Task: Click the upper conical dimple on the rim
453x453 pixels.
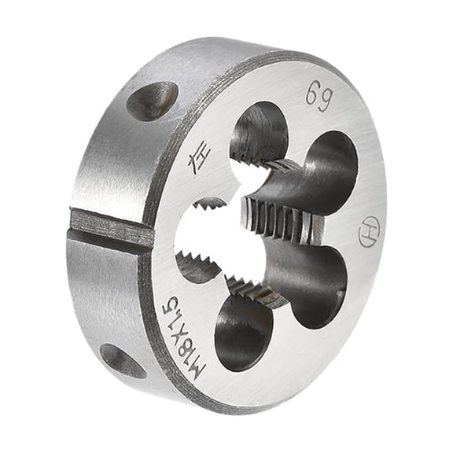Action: click(x=151, y=100)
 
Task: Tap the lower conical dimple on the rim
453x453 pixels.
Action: click(x=123, y=359)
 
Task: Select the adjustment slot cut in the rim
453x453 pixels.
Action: click(x=110, y=229)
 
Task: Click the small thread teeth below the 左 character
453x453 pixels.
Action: click(x=208, y=203)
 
